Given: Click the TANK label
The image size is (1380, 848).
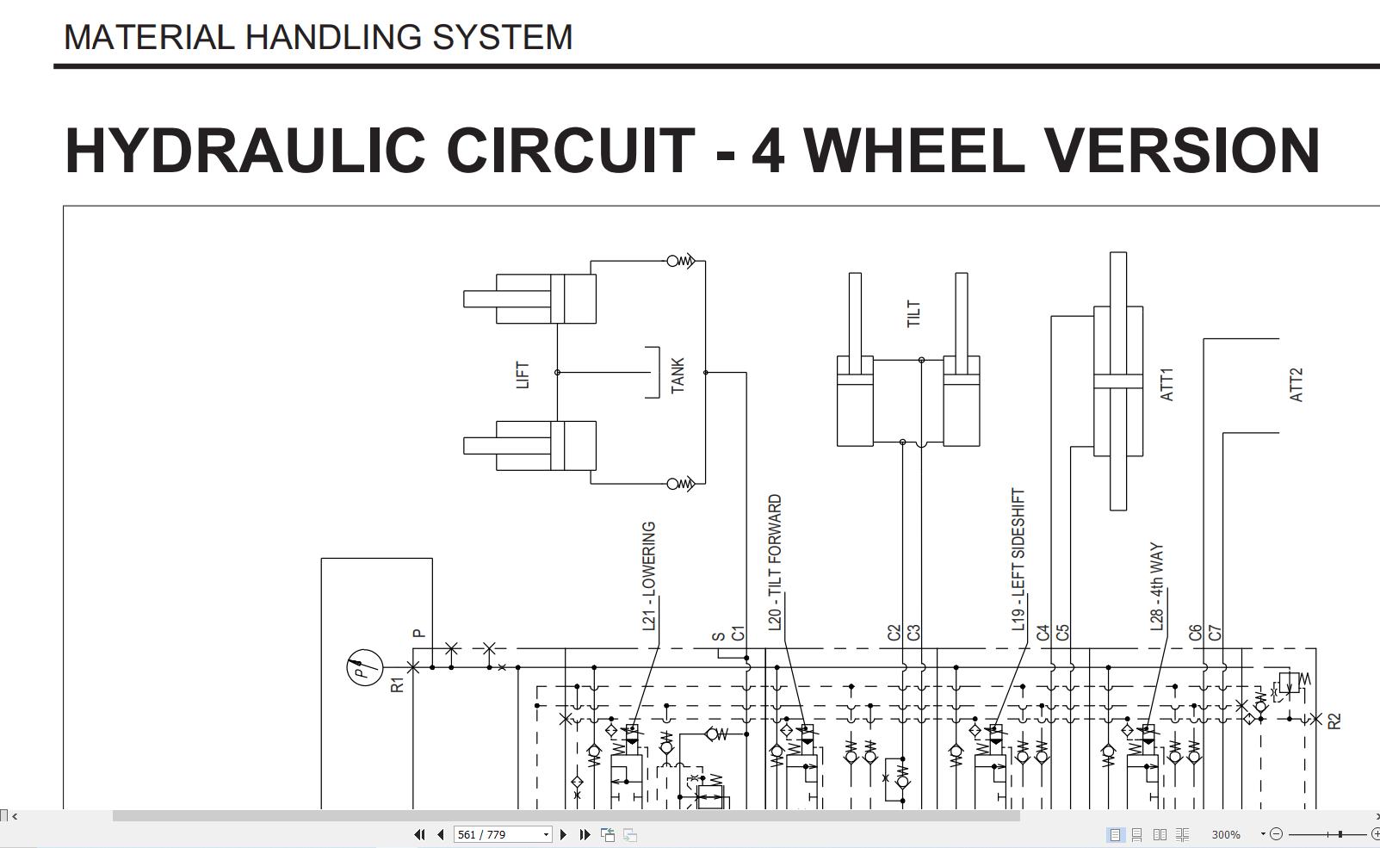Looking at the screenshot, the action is coord(677,375).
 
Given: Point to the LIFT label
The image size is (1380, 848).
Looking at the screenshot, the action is coord(523,375).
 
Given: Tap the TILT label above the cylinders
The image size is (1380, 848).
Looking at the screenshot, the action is coord(913,314).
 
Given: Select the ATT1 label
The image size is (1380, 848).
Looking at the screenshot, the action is coord(1167,385).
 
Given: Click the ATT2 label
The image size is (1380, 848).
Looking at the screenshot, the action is coord(1296,385).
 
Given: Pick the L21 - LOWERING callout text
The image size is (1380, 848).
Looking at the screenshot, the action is coord(649,576).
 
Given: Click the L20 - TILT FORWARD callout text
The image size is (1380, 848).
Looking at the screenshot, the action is coord(775,562).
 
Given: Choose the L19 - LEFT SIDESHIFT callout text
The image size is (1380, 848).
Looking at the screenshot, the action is coord(1018,560).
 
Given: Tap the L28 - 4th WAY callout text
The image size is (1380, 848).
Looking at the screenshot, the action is coord(1157,586).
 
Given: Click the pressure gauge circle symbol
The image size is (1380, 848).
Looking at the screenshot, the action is coord(365,667).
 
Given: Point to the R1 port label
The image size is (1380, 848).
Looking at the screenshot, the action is coord(398,684).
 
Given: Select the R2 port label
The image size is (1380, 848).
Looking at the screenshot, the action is coord(1334,721).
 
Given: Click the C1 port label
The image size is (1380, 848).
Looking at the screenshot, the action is coord(738,634).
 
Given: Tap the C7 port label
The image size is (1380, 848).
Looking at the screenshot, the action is coord(1214,633).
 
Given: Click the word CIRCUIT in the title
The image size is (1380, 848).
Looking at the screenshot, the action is coord(571,151).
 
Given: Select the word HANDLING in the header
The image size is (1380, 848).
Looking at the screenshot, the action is coord(333,37).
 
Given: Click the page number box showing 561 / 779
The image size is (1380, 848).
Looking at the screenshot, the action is coord(503,834).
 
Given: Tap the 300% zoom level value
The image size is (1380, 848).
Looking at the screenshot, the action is coord(1225,834).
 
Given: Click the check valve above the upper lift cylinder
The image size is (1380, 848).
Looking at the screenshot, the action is coord(681,262).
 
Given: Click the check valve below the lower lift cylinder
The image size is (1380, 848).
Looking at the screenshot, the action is coord(681,484).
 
